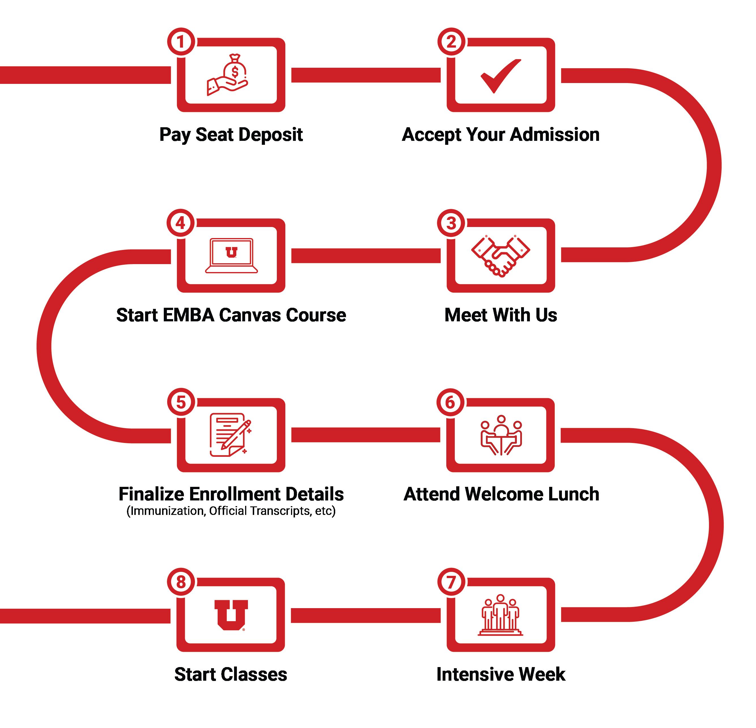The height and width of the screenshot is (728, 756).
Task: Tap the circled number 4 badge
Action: pyautogui.click(x=180, y=223)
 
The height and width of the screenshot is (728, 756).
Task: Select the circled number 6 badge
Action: pyautogui.click(x=450, y=402)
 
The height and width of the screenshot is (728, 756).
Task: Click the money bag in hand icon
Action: pyautogui.click(x=228, y=75)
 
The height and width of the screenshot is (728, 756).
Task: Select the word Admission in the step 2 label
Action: pyautogui.click(x=555, y=135)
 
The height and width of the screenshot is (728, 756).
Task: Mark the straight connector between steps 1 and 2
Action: pyautogui.click(x=366, y=75)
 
